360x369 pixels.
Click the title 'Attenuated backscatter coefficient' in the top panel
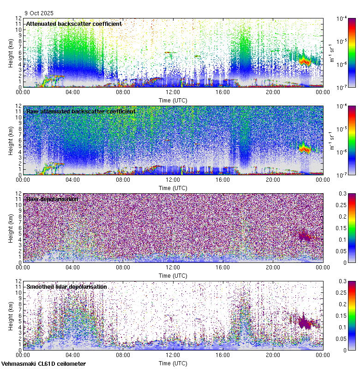(74, 24)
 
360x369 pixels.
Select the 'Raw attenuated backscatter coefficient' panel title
(81, 111)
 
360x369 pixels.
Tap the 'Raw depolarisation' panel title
(52, 199)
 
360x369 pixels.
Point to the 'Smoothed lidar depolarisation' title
(66, 286)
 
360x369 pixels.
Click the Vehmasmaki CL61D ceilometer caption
(43, 364)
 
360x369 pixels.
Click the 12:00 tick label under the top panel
(173, 92)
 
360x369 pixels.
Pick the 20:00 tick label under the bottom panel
(273, 355)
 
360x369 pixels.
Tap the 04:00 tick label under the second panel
(73, 179)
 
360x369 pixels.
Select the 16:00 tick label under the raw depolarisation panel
(223, 267)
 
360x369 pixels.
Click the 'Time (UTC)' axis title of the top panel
(173, 100)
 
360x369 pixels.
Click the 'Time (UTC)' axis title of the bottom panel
(173, 363)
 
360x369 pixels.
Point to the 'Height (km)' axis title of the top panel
(11, 53)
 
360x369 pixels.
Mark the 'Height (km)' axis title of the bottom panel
(11, 315)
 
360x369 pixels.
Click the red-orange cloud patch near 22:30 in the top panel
(304, 60)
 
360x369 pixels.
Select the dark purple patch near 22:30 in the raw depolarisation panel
(304, 236)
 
